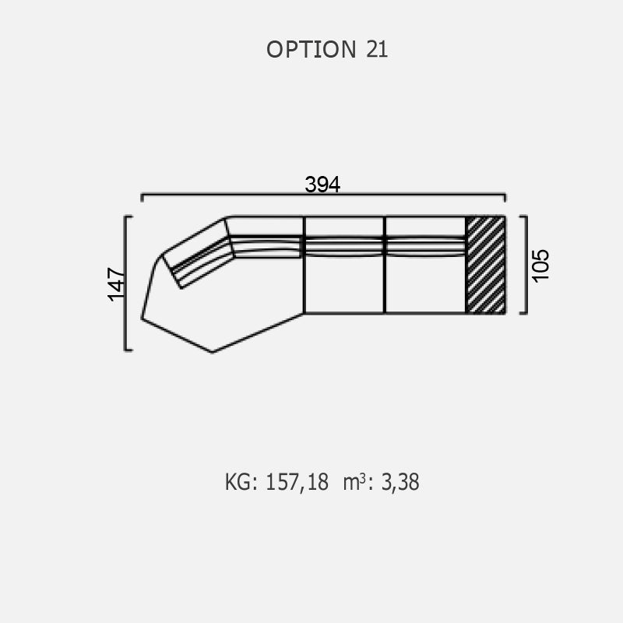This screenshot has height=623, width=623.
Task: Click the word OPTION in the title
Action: [311, 49]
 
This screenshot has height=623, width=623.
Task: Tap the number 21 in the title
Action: [377, 49]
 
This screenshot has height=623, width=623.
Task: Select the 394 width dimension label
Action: [322, 185]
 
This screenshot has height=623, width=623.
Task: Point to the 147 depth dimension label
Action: [116, 284]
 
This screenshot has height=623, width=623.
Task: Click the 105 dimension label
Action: [540, 266]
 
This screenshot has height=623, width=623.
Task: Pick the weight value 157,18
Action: [297, 482]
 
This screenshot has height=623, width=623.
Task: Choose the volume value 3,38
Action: [400, 482]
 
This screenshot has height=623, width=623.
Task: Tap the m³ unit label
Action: [354, 482]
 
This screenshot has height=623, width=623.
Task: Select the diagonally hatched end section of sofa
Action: [485, 265]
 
